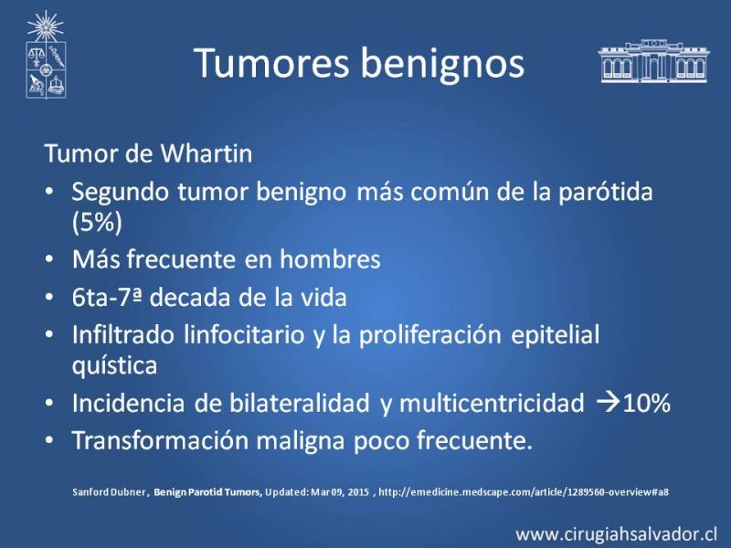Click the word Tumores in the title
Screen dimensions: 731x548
[271, 62]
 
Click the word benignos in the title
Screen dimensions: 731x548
[443, 65]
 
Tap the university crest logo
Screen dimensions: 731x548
[46, 54]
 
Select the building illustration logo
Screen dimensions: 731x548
[653, 61]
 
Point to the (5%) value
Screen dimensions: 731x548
[97, 222]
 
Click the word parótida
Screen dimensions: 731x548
[606, 193]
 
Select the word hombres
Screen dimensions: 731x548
[330, 259]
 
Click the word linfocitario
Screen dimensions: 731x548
[244, 334]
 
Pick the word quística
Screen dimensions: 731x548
[114, 365]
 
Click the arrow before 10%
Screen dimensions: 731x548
[608, 403]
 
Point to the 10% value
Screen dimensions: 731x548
[646, 403]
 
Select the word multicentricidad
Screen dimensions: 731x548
[492, 403]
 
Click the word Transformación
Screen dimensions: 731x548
[159, 440]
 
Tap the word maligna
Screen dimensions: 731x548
[301, 441]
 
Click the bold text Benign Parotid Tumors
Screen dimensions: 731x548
[208, 492]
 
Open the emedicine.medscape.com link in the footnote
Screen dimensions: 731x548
[524, 492]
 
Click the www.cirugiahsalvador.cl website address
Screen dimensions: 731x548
[616, 533]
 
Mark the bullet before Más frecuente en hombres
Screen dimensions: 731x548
[49, 259]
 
